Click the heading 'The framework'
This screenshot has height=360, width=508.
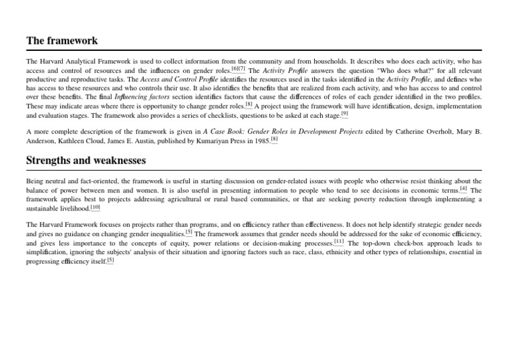click(x=62, y=41)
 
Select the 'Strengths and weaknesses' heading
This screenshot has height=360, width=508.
click(x=86, y=161)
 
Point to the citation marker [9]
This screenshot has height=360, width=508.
click(x=344, y=113)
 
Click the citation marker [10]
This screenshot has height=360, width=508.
click(x=95, y=206)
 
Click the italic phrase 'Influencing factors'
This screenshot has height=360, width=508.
click(x=143, y=97)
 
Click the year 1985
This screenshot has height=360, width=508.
click(x=260, y=141)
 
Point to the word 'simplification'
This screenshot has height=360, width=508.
click(x=49, y=252)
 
